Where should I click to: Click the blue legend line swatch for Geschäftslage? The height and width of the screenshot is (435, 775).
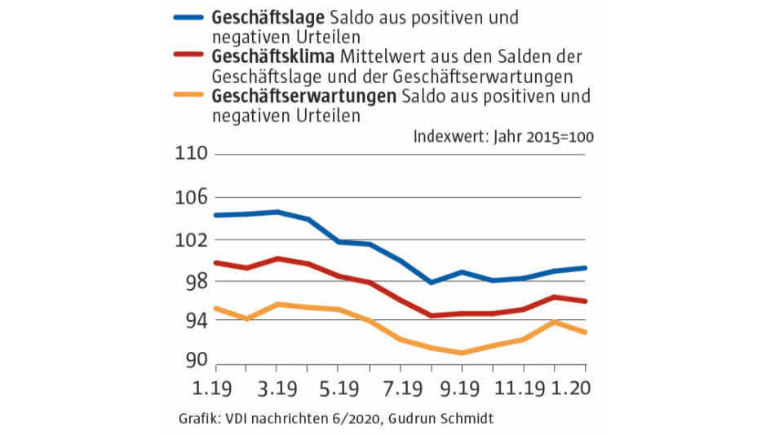click(190, 18)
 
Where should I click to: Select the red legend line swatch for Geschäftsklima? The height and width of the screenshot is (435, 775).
click(190, 58)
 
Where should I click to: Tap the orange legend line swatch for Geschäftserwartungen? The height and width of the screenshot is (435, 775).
click(190, 97)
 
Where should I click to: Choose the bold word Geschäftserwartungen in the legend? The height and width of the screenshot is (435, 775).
click(303, 97)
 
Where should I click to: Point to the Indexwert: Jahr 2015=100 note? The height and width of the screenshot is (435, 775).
click(503, 136)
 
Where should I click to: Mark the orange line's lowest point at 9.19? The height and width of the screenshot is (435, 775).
click(462, 353)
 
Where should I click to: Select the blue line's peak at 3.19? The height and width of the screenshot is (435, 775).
click(277, 212)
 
